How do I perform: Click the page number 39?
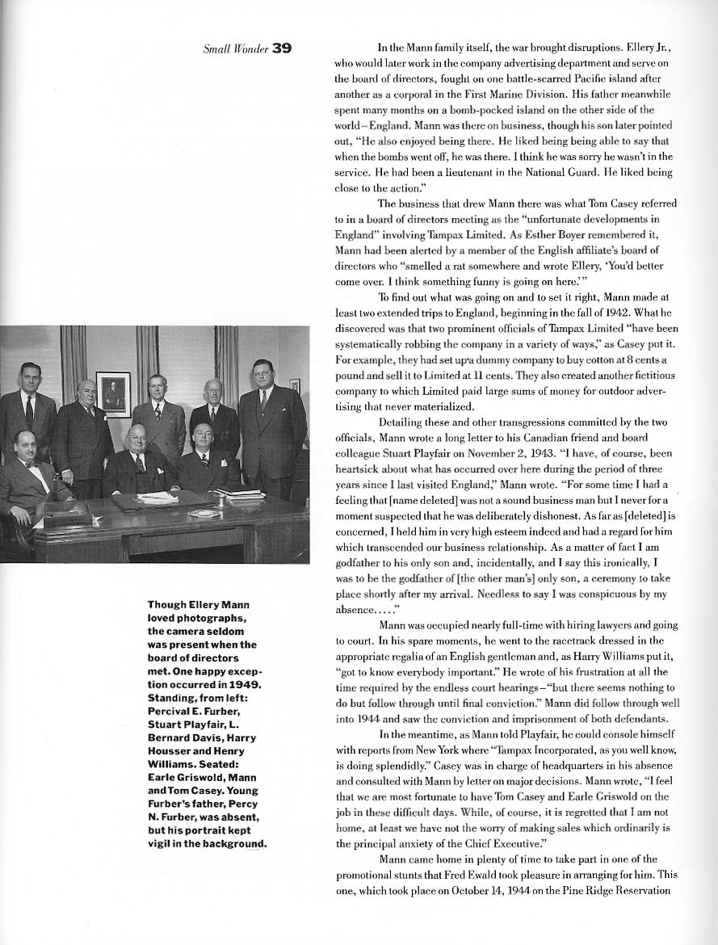click(x=281, y=48)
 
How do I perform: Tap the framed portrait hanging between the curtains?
click(x=113, y=393)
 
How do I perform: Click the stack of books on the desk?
click(x=238, y=493)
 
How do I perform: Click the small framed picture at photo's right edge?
click(x=295, y=385)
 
